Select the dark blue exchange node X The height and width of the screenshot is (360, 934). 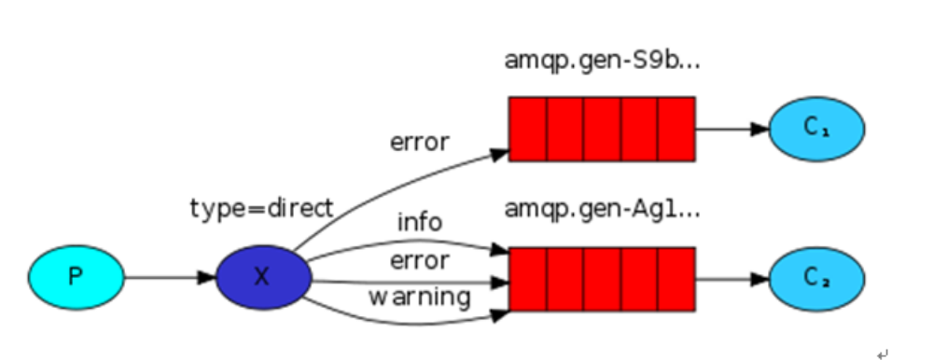262,277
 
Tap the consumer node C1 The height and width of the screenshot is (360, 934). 816,129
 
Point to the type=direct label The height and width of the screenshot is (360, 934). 260,208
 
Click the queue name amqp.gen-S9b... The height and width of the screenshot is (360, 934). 602,61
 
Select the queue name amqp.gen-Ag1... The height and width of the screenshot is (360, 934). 602,208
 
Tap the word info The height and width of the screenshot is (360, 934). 420,224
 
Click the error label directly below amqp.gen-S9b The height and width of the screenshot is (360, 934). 420,143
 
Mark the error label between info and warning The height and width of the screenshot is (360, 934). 420,260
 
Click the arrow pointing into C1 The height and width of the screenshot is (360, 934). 732,129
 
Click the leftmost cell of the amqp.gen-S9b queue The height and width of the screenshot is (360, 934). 527,129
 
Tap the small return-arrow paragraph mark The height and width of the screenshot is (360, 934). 882,353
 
